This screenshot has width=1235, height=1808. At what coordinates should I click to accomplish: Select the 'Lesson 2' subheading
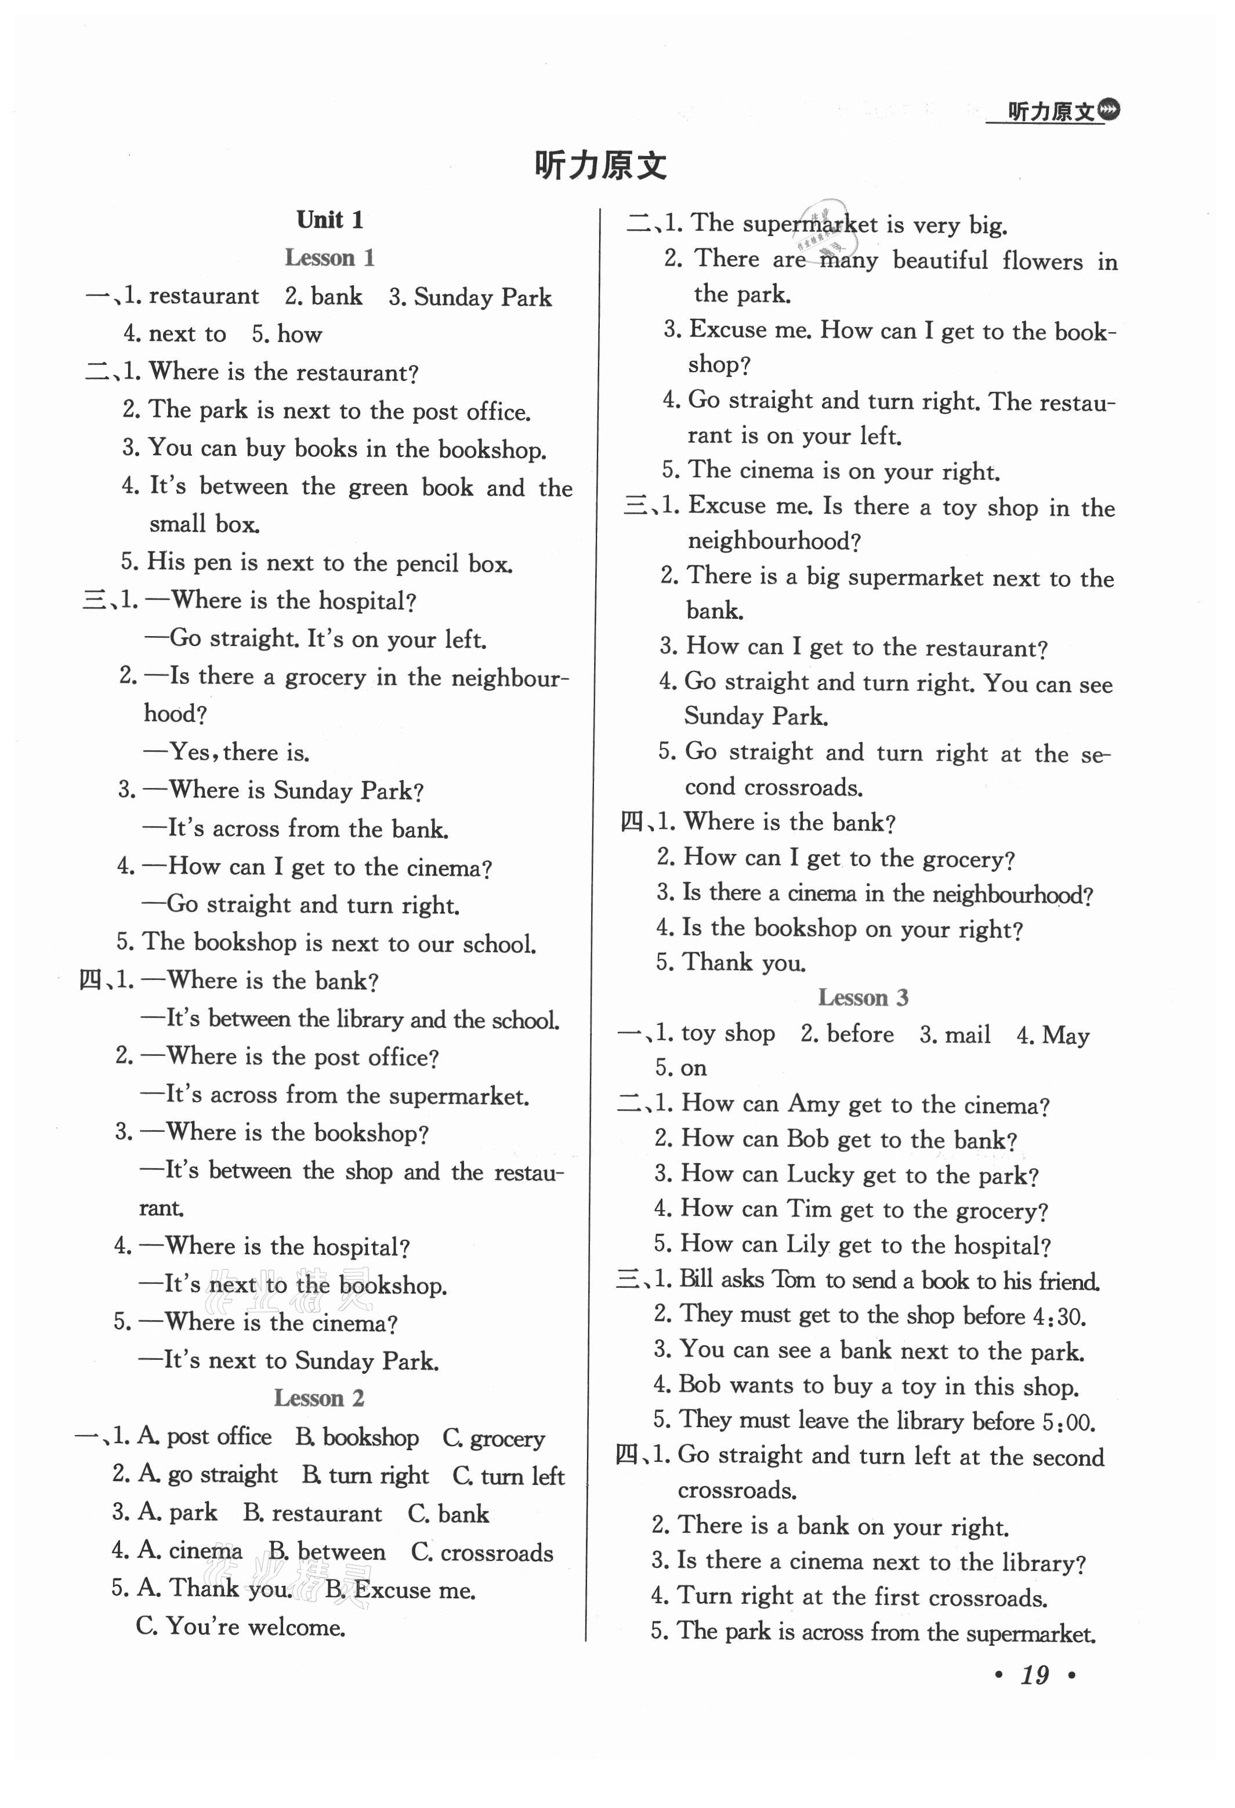318,1398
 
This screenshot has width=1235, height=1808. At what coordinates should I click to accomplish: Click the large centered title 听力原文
600,166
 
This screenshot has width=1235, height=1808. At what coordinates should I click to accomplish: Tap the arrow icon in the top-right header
1110,111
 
